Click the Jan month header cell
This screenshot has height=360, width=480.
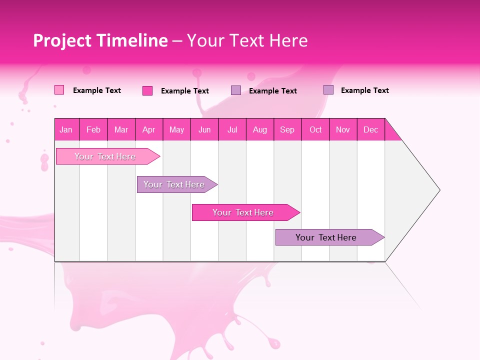click(66, 129)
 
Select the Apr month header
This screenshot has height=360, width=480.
click(148, 129)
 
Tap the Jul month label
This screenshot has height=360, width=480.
click(232, 129)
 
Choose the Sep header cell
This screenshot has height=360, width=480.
click(287, 129)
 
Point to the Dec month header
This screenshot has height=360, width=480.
click(370, 129)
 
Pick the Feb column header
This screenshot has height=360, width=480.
click(93, 129)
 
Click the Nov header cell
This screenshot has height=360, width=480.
click(343, 129)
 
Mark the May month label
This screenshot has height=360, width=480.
click(176, 129)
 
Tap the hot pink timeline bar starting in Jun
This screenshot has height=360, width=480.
click(243, 212)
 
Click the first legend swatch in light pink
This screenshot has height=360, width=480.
click(59, 90)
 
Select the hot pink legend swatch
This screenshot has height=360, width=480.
click(147, 90)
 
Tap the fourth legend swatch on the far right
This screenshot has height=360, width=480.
click(328, 90)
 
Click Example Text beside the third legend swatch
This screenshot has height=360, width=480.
click(272, 91)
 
